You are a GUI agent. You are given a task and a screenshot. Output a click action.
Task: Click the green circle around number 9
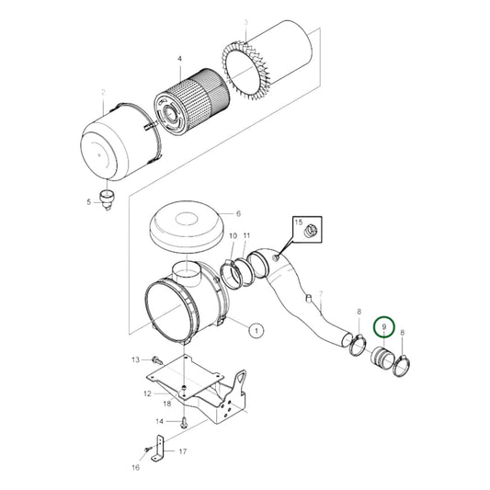(x=385, y=326)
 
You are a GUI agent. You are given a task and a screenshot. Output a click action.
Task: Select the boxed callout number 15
(x=297, y=223)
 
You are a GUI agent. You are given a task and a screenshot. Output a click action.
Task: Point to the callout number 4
(x=180, y=59)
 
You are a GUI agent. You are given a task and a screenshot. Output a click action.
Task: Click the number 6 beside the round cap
(x=237, y=211)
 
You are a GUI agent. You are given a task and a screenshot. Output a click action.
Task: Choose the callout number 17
(x=181, y=451)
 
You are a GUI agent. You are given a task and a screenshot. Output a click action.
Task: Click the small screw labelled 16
(x=146, y=449)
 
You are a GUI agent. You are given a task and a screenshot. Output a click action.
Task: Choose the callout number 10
(x=232, y=236)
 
